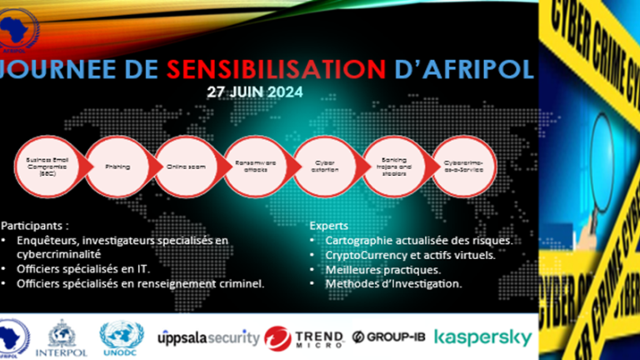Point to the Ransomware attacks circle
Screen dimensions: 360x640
pyautogui.click(x=252, y=166)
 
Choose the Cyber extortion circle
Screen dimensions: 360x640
pyautogui.click(x=320, y=166)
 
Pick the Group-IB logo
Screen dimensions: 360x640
pyautogui.click(x=387, y=337)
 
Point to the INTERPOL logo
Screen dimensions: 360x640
pyautogui.click(x=65, y=337)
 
